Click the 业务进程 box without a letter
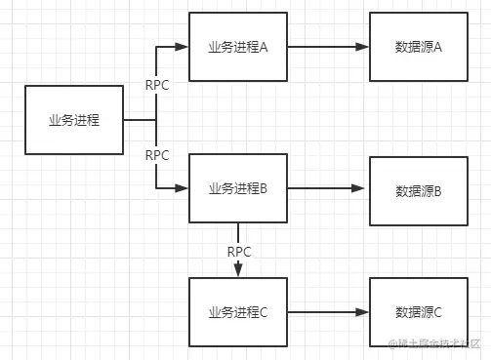[x=73, y=119]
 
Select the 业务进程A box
[x=238, y=47]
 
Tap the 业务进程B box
[x=238, y=188]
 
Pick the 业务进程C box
[x=238, y=312]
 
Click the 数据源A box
[x=419, y=47]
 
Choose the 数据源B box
[x=419, y=190]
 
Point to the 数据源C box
[x=419, y=312]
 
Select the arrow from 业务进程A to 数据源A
[x=328, y=47]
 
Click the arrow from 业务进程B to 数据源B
[x=328, y=189]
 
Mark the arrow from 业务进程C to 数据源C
[x=328, y=312]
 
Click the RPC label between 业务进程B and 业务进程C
[x=239, y=252]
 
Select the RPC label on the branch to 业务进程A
[x=157, y=85]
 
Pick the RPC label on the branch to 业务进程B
[x=157, y=155]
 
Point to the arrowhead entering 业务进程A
[x=182, y=47]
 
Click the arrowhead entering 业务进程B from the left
[x=182, y=188]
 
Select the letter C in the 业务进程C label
[x=263, y=312]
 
